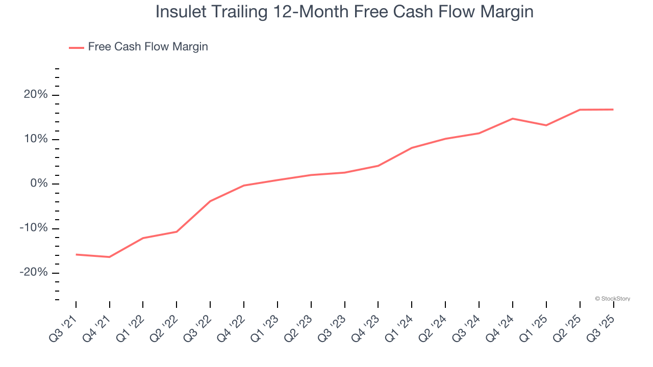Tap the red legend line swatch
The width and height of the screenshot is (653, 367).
[x=77, y=47]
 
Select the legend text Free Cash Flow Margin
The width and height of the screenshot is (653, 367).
[x=148, y=47]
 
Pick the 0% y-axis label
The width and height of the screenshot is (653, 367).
[x=38, y=183]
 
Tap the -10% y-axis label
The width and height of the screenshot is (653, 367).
[x=33, y=228]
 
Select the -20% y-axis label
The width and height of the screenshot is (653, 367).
[x=33, y=272]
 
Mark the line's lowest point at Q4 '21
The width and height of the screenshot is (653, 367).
[x=110, y=257]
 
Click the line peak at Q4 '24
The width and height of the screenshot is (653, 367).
[x=513, y=119]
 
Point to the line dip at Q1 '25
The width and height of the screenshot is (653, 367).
[x=546, y=125]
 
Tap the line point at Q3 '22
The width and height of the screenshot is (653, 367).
[x=210, y=201]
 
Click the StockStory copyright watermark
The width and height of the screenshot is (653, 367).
[x=612, y=299]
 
